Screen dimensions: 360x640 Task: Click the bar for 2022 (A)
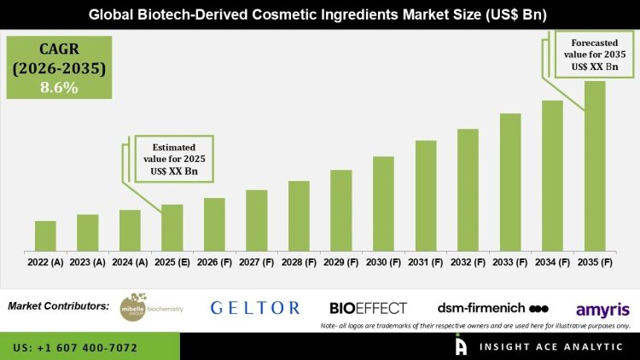(45, 236)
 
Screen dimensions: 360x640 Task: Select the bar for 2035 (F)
(594, 166)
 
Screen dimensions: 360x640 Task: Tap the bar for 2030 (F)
(383, 204)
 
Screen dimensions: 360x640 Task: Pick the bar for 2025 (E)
(172, 228)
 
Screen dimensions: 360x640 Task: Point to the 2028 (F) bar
(299, 216)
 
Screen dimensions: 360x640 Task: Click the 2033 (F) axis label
(510, 262)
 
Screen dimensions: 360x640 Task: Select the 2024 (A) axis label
(130, 262)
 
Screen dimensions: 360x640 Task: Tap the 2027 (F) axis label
(257, 262)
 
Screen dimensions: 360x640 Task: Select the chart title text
(320, 14)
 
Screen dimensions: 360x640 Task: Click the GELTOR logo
(255, 308)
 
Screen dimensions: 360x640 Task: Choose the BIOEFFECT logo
(368, 308)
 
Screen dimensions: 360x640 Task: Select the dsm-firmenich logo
(492, 308)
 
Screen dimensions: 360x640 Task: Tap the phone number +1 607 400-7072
(76, 348)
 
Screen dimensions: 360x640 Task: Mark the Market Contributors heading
(58, 305)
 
